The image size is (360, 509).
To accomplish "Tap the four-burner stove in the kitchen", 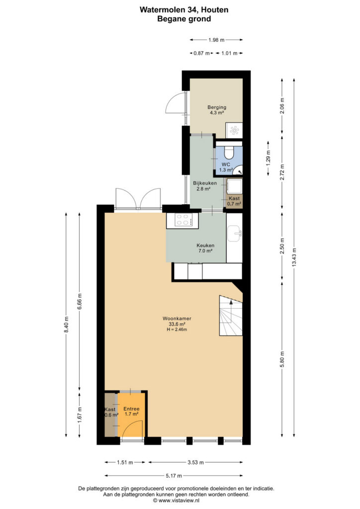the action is pos(182,220).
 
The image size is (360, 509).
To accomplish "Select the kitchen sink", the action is pos(234,234).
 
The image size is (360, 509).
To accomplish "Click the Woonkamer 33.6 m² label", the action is pos(177,321).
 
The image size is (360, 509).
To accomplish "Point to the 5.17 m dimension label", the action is pos(174,476).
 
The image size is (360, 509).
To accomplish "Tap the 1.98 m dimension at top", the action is pos(216,40).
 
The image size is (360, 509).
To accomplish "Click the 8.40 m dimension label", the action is pos(66,324).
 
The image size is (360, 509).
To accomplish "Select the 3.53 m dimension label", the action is pos(195,462).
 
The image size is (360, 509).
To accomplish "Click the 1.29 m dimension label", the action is pos(268,159).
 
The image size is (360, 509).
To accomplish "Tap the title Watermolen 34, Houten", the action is pos(184,10).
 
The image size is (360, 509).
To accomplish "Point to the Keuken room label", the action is pos(205,248).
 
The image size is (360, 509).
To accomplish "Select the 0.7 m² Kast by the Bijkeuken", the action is pos(234,201).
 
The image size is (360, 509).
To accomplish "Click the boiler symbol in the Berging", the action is pos(234,130).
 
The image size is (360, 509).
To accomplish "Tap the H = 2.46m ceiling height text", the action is pos(177,330).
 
